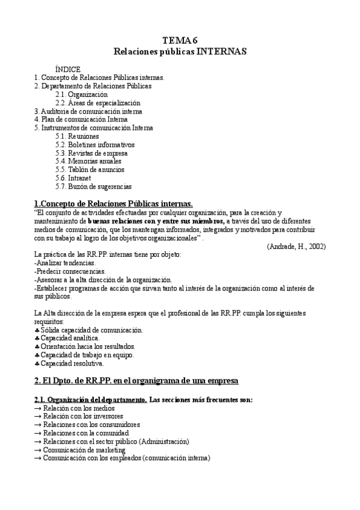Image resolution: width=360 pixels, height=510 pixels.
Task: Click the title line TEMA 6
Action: point(180,41)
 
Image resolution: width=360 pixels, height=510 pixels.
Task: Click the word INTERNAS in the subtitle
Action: point(221,52)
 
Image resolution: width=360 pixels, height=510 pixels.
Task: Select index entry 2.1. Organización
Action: point(81,94)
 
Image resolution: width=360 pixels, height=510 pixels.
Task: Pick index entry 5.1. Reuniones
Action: point(77,137)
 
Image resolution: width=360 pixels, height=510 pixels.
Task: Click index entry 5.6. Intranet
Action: point(73,179)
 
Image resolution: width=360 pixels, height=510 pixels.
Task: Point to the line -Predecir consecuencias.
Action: point(70,272)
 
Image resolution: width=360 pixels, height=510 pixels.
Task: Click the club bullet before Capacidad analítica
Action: point(37,339)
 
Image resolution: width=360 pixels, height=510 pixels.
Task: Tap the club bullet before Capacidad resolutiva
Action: point(37,363)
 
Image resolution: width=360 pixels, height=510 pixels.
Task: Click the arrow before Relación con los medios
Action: point(38,408)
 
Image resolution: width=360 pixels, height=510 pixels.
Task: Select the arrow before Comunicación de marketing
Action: point(38,450)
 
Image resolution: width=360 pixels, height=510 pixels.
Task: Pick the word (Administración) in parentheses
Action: point(163,441)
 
